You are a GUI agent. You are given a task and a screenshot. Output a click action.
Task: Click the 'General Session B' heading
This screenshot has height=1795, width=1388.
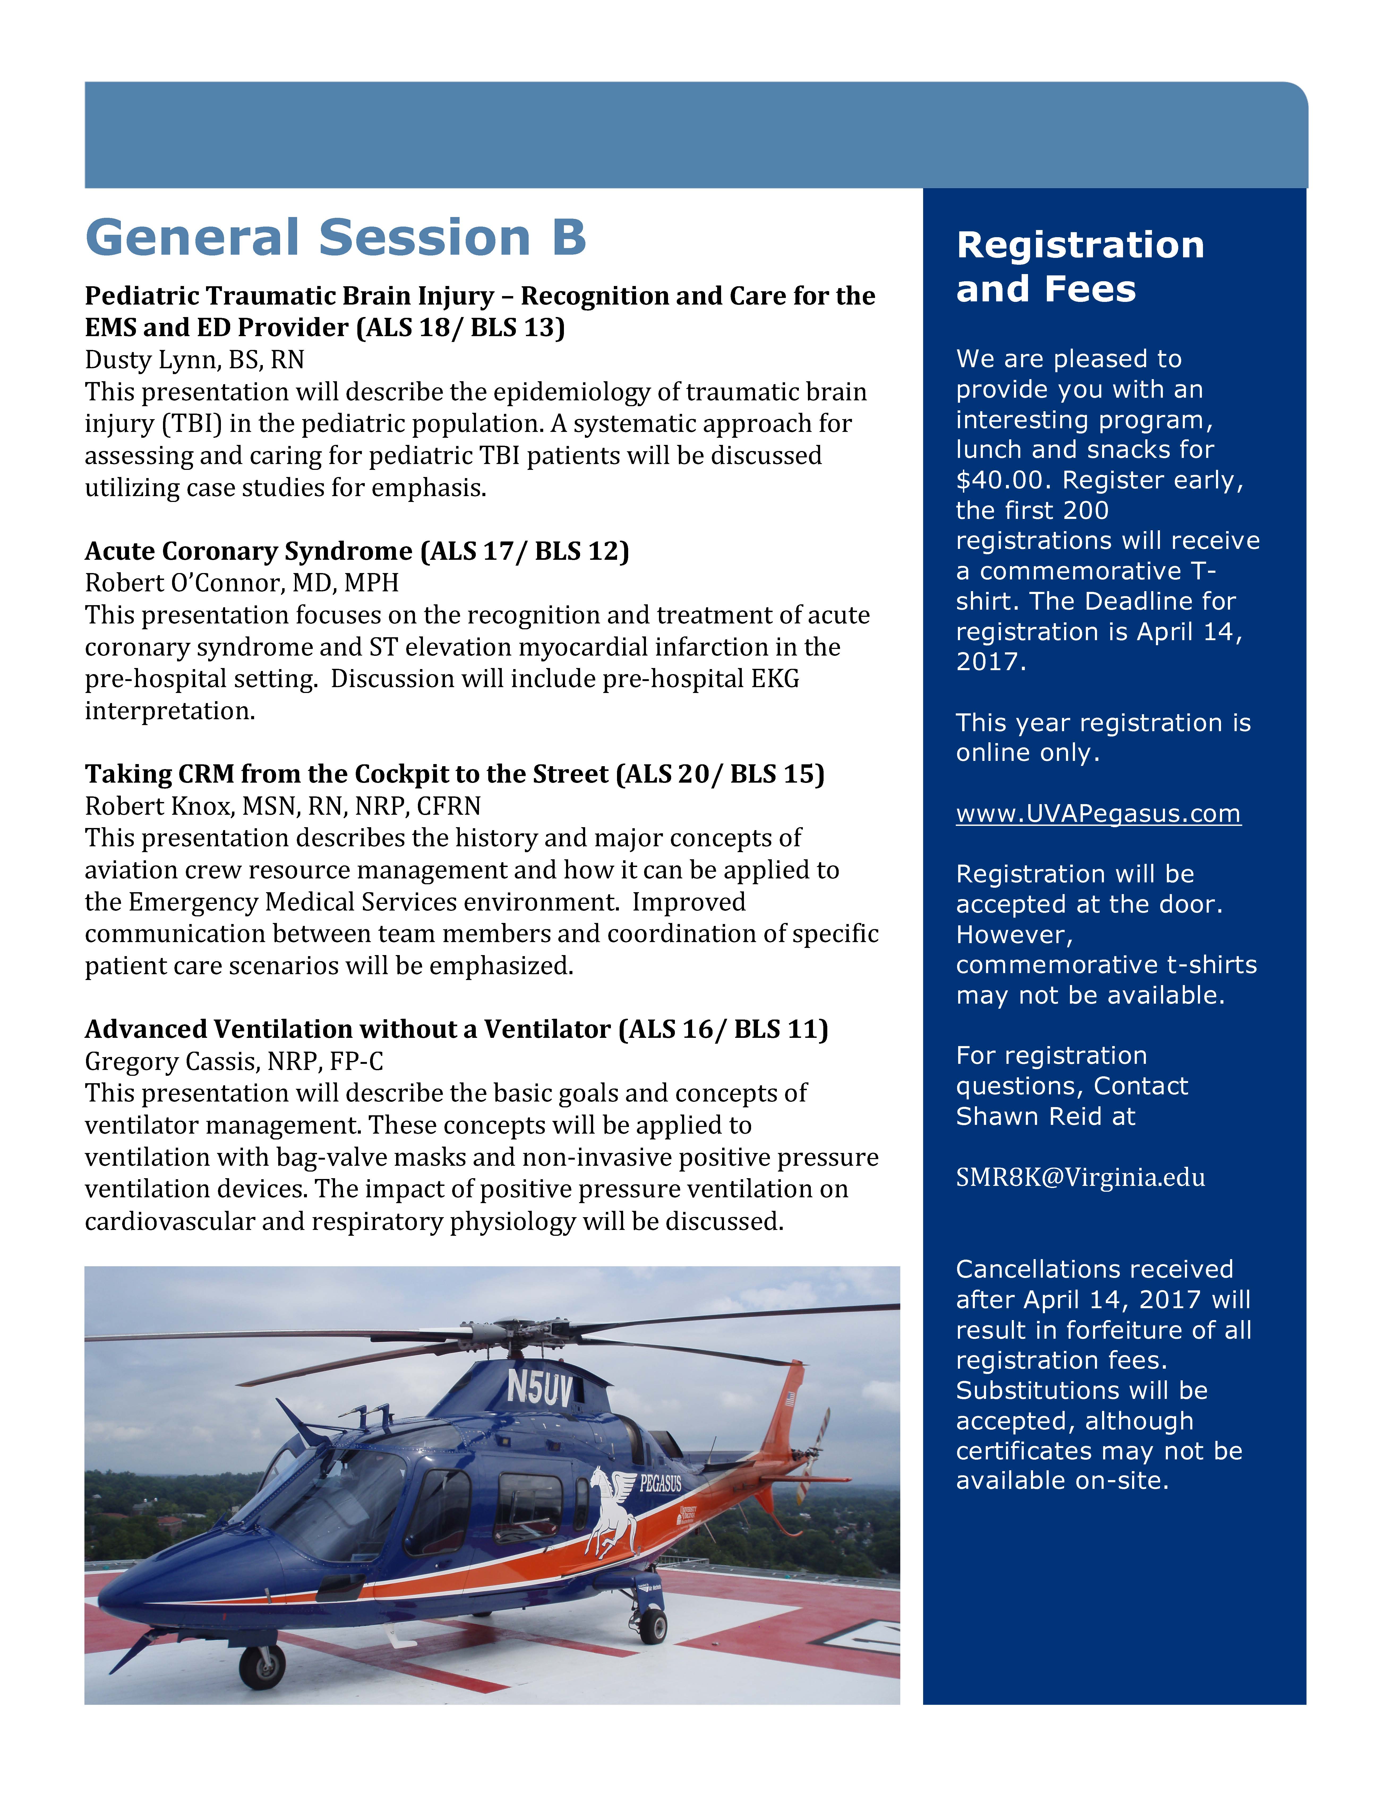pyautogui.click(x=336, y=238)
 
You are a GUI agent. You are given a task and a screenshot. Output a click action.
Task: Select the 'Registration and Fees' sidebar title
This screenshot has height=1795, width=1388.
pyautogui.click(x=1080, y=267)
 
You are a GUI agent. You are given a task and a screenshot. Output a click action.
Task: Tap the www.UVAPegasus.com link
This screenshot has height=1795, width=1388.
pyautogui.click(x=1098, y=814)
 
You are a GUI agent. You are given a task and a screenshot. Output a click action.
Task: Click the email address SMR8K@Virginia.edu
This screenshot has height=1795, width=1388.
pyautogui.click(x=1080, y=1178)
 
